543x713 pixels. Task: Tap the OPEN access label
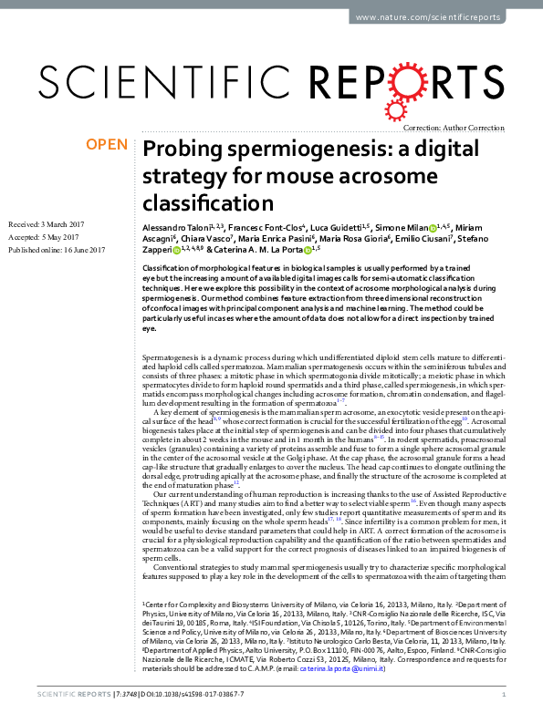[x=107, y=144]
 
